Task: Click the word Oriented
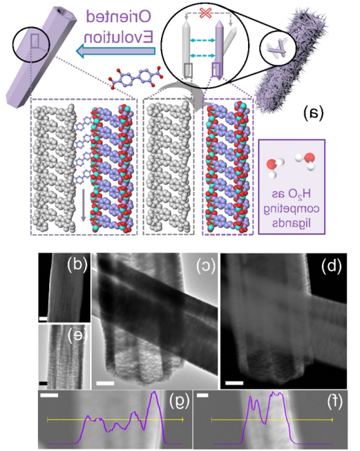coord(118,17)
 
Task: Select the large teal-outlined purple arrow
coord(115,51)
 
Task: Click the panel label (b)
coord(77,265)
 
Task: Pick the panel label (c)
coord(205,267)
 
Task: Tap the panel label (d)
coord(331,267)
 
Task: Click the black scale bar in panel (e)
coord(43,383)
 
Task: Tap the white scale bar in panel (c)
coord(105,383)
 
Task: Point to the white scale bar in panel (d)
coord(234,383)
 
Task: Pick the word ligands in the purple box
coord(292,224)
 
